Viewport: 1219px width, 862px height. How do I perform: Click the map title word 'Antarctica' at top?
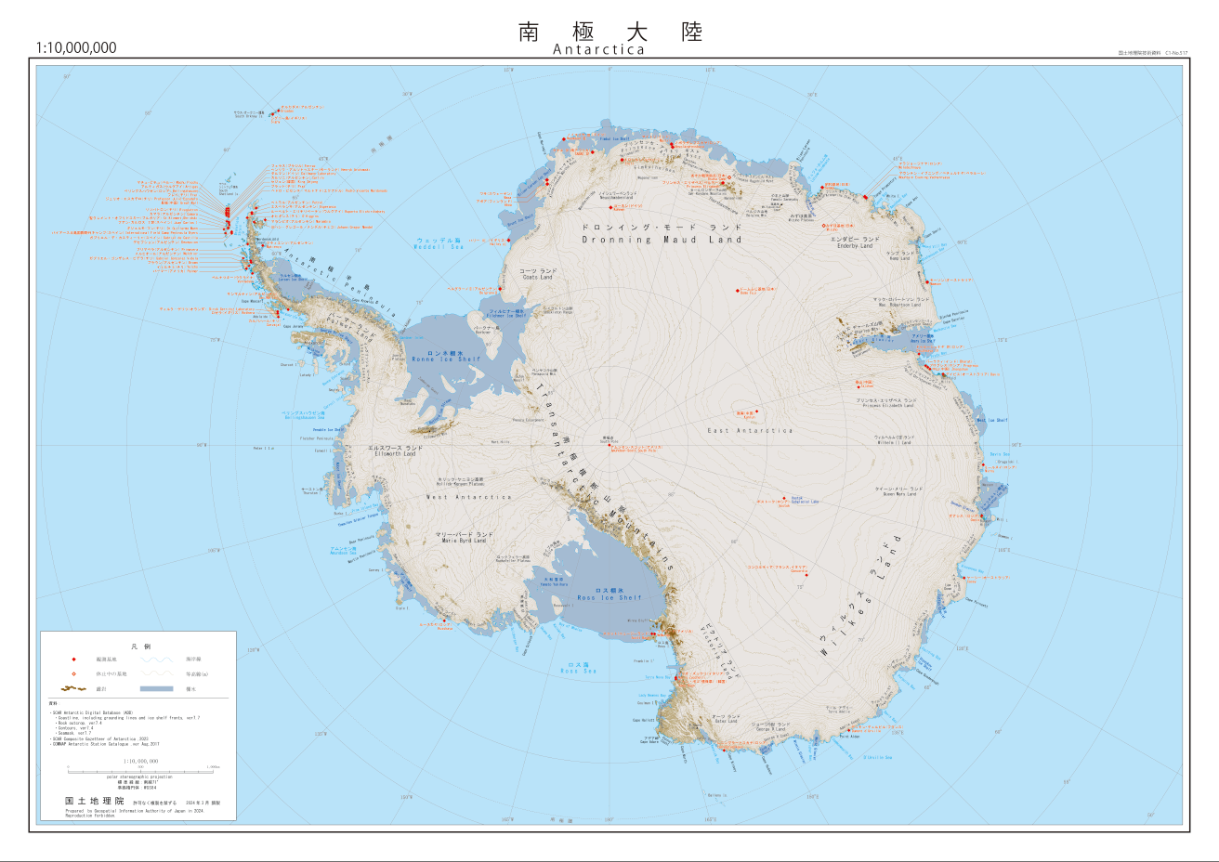click(x=598, y=50)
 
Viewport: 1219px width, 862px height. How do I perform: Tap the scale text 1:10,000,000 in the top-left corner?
click(x=76, y=48)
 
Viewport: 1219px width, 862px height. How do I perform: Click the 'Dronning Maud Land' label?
click(x=662, y=240)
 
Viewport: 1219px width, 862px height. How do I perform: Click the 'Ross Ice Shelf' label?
click(x=609, y=597)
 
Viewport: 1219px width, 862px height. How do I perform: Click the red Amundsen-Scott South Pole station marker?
click(x=609, y=445)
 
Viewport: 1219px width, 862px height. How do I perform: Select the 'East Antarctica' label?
click(x=750, y=431)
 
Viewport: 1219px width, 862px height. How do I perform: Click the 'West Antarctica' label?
click(x=468, y=497)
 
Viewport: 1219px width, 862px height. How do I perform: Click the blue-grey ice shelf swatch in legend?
click(x=156, y=688)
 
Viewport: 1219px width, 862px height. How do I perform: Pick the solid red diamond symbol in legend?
click(x=72, y=659)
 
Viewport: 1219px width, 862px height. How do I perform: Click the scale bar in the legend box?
click(x=140, y=769)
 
